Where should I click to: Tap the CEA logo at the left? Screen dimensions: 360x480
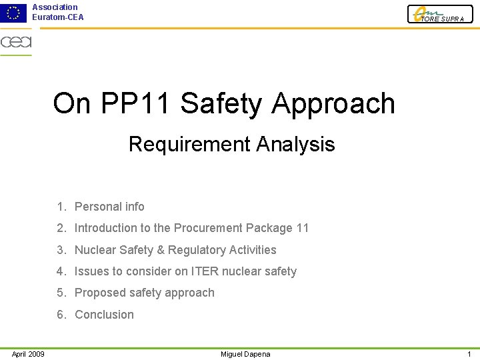16,43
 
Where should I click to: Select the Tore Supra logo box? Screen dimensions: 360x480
440,14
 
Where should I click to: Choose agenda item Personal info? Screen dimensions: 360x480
109,207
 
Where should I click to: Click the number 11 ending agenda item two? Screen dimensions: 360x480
302,228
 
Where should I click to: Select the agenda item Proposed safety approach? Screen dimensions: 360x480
144,293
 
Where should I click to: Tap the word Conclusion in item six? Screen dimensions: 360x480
104,315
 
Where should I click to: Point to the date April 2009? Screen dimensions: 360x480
28,354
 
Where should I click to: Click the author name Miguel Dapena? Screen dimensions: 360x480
245,354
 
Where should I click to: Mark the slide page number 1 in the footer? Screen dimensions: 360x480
469,354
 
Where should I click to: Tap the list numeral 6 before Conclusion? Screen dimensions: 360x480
60,315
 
